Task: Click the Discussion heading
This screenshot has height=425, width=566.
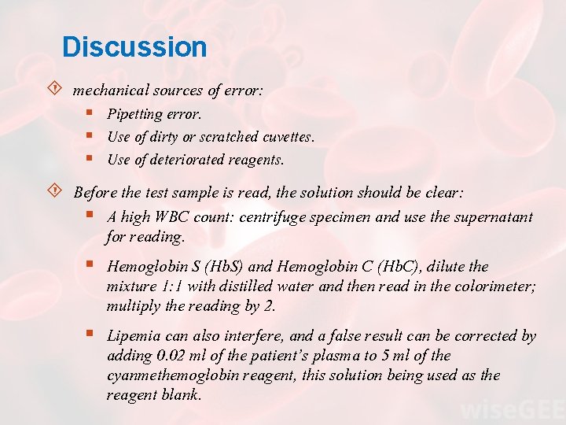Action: tap(134, 47)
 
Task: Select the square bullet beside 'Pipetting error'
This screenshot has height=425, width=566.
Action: tap(92, 114)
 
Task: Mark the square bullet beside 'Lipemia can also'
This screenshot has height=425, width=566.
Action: tap(92, 335)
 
